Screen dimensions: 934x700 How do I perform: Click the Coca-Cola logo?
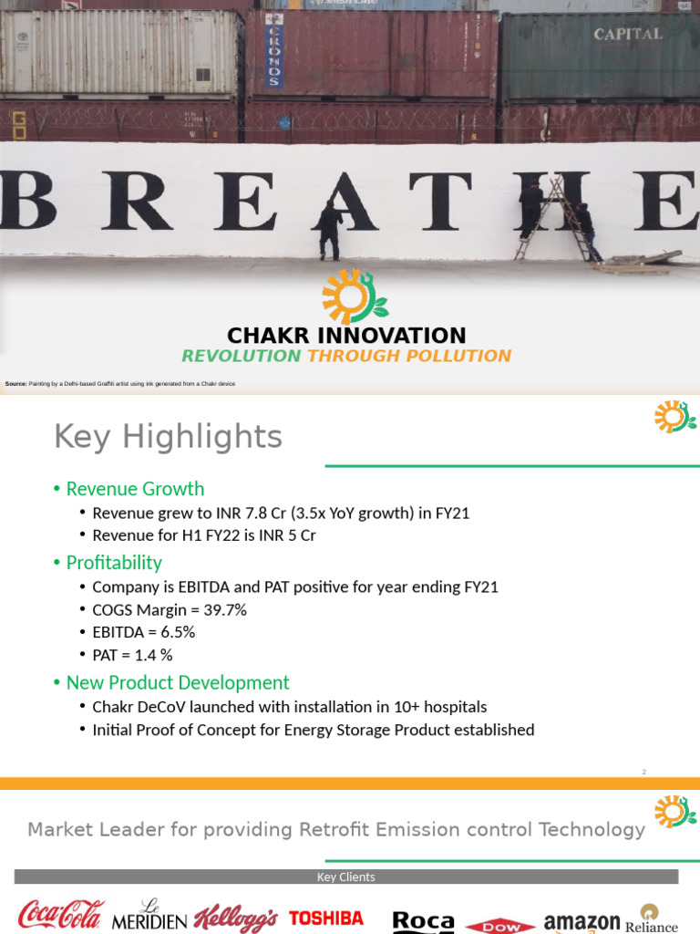pyautogui.click(x=61, y=915)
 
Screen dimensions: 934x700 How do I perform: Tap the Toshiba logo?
pyautogui.click(x=326, y=918)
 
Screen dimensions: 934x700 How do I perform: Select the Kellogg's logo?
pyautogui.click(x=235, y=918)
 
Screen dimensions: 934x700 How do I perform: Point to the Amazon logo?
pyautogui.click(x=582, y=922)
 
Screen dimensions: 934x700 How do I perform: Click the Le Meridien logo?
pyautogui.click(x=149, y=916)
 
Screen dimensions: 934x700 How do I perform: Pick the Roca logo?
pyautogui.click(x=423, y=922)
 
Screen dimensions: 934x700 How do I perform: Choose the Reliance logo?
pyautogui.click(x=651, y=919)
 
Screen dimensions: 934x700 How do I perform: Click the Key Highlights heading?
pyautogui.click(x=168, y=437)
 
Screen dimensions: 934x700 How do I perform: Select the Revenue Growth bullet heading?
pyautogui.click(x=135, y=489)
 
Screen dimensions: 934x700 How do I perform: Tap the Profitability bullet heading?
pyautogui.click(x=114, y=563)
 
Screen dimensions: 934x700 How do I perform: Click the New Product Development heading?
pyautogui.click(x=177, y=683)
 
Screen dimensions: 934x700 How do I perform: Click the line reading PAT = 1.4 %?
pyautogui.click(x=132, y=655)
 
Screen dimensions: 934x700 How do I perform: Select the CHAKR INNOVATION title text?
pyautogui.click(x=346, y=336)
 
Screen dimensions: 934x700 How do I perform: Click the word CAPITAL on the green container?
pyautogui.click(x=628, y=35)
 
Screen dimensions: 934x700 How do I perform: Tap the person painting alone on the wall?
pyautogui.click(x=330, y=229)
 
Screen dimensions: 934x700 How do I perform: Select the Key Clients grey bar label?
pyautogui.click(x=345, y=877)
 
